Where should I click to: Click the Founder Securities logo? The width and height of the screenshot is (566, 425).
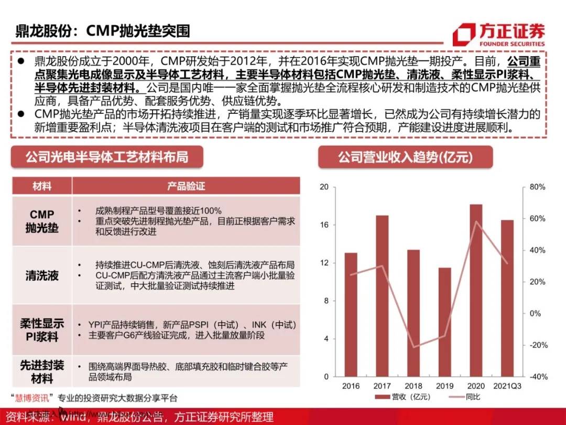tap(498, 35)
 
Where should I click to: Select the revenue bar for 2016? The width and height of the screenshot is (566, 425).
tap(351, 314)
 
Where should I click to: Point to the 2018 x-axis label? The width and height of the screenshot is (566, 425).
tap(413, 386)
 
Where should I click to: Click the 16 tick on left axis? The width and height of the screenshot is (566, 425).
tap(324, 225)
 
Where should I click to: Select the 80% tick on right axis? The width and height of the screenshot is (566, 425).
tap(537, 187)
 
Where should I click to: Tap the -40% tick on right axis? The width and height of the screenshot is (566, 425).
tap(537, 377)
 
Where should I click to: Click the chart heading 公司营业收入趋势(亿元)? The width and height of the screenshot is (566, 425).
tap(405, 156)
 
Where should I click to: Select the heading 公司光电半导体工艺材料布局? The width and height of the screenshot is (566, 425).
tap(107, 156)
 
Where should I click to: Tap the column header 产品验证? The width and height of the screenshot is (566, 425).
tap(186, 186)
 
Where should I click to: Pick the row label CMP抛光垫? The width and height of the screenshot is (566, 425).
tap(42, 221)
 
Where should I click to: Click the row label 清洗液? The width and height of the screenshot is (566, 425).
tap(42, 275)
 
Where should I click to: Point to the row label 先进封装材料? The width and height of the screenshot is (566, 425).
tap(42, 371)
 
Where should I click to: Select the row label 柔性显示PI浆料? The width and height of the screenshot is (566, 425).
tap(42, 330)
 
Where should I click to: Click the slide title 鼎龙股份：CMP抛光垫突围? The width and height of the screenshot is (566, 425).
tap(102, 30)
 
